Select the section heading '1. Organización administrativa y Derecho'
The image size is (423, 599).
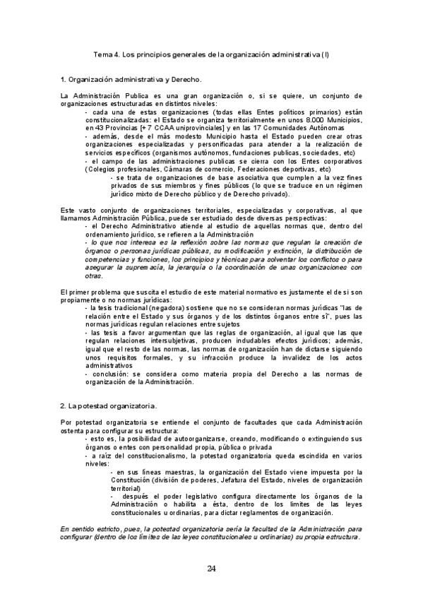(131, 79)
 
